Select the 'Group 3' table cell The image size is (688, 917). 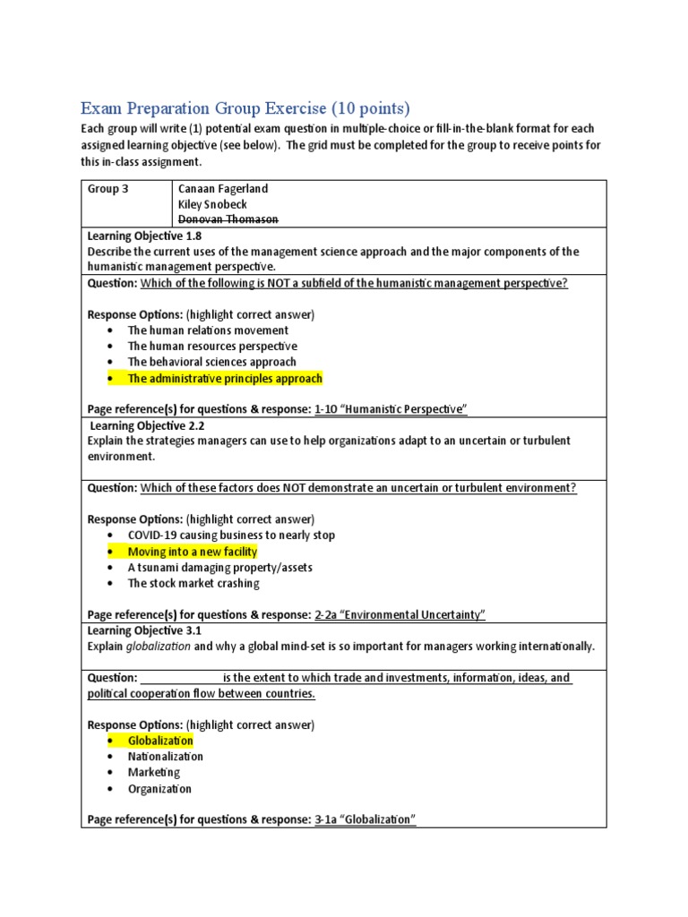pos(107,189)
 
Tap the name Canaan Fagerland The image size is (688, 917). pos(222,189)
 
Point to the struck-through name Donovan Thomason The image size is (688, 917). pos(229,219)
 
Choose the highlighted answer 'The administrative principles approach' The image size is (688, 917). pos(225,378)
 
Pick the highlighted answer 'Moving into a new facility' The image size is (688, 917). pos(192,552)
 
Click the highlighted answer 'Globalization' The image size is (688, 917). pos(160,741)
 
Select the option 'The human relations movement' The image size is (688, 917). pos(208,330)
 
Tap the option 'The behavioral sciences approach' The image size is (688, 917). pos(211,362)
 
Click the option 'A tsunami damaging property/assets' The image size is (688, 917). pos(219,568)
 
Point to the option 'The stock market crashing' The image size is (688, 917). pos(193,583)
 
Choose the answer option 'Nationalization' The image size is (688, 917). pos(166,757)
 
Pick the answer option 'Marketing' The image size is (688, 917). pos(153,772)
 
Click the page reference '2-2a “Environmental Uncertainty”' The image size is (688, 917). pos(400,614)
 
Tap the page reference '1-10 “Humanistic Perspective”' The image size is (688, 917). pos(391,409)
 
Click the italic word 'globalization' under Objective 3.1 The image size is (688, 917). pos(158,647)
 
